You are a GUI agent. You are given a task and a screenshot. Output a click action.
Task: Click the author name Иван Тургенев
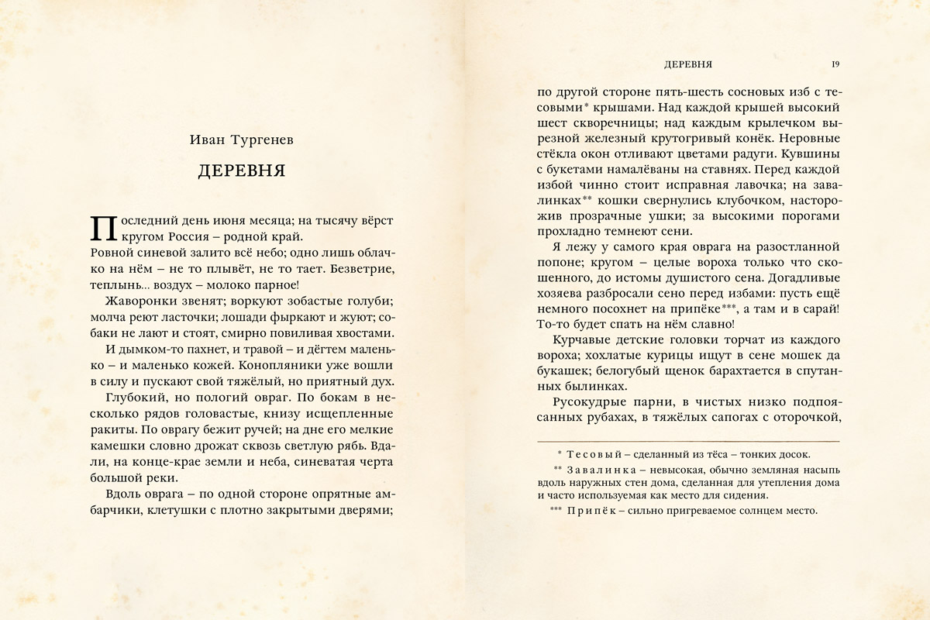click(x=241, y=140)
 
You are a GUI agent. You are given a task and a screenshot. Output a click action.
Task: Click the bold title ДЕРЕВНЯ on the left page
click(x=242, y=171)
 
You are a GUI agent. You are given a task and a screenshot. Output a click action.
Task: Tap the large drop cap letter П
click(x=103, y=228)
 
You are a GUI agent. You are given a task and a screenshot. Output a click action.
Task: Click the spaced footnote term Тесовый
click(x=593, y=455)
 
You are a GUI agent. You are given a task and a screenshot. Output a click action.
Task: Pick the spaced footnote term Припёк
click(x=591, y=511)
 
